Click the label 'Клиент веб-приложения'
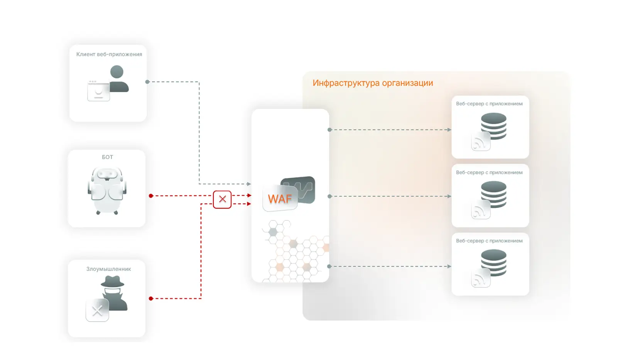tap(109, 54)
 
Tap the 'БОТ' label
tap(107, 157)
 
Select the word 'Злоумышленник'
tap(108, 269)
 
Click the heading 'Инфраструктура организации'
tap(373, 83)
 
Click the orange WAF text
tap(280, 199)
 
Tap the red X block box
tap(222, 199)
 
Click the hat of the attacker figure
tap(112, 282)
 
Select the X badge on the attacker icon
tap(97, 310)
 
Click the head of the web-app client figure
tap(117, 72)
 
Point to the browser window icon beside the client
tap(98, 91)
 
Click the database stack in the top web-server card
tap(494, 125)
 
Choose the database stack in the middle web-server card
tap(494, 194)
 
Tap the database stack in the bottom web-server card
tap(494, 262)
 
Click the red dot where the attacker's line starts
tap(151, 299)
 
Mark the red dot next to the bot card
tap(151, 196)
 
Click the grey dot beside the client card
tap(147, 82)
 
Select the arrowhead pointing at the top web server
tap(449, 130)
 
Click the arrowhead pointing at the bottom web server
tap(449, 266)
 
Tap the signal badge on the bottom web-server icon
tap(480, 279)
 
